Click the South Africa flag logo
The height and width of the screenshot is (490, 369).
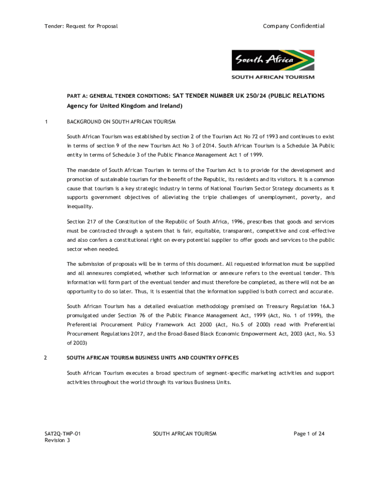[x=273, y=61]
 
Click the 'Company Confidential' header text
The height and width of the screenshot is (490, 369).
[x=294, y=26]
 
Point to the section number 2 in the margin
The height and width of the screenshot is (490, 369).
[x=46, y=358]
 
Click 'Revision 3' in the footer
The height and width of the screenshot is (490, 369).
[x=58, y=440]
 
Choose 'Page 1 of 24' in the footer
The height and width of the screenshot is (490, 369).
[x=309, y=434]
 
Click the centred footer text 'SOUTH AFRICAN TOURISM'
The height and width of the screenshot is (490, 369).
[x=184, y=434]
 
